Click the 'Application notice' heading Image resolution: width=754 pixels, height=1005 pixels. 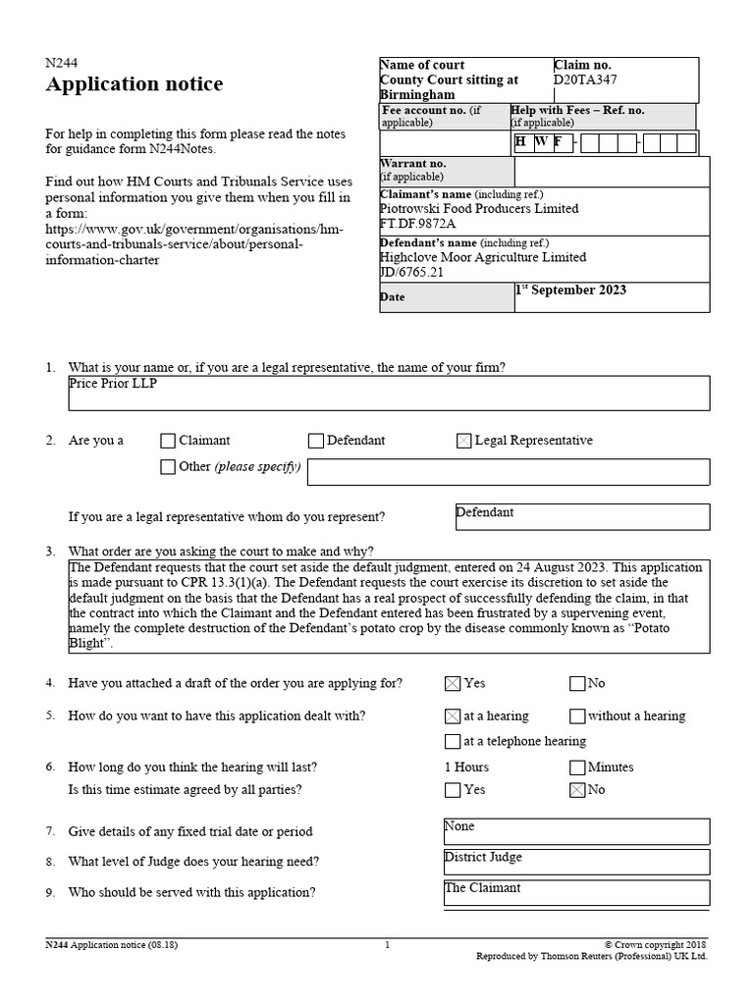pyautogui.click(x=135, y=84)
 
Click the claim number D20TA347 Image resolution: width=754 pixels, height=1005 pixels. pyautogui.click(x=586, y=80)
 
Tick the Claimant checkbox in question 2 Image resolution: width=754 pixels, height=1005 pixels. pyautogui.click(x=168, y=442)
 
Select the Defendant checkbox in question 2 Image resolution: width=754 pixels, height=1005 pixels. pyautogui.click(x=315, y=442)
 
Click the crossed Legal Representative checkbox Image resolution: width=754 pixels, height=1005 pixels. pyautogui.click(x=463, y=442)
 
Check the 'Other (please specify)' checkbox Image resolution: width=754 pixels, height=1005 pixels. pyautogui.click(x=168, y=467)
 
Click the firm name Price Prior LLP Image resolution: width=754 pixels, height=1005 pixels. pyautogui.click(x=113, y=384)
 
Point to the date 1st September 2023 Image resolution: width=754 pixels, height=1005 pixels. pyautogui.click(x=570, y=291)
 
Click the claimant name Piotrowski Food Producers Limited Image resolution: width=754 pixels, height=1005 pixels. pyautogui.click(x=479, y=209)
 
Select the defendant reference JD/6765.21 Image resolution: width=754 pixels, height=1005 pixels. pyautogui.click(x=411, y=272)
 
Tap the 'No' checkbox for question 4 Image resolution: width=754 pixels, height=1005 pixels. pyautogui.click(x=577, y=684)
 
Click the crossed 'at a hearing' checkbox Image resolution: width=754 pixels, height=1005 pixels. pyautogui.click(x=452, y=716)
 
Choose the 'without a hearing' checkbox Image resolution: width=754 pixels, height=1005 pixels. pyautogui.click(x=577, y=716)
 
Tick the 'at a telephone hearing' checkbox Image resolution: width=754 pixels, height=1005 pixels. pyautogui.click(x=452, y=742)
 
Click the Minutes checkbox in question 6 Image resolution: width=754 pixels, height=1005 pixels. pyautogui.click(x=577, y=767)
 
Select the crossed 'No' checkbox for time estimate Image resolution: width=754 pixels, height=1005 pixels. pyautogui.click(x=577, y=790)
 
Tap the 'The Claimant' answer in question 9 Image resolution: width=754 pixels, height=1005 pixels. pyautogui.click(x=482, y=887)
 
